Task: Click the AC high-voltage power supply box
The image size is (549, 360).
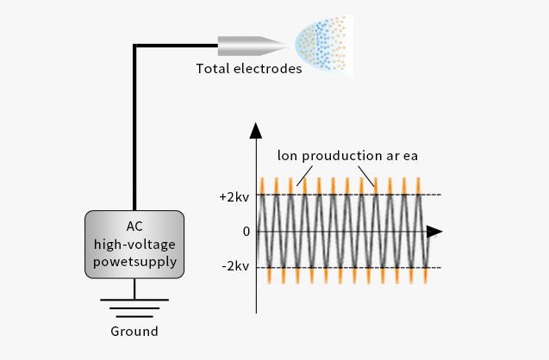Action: tap(134, 245)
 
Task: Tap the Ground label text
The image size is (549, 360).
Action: tap(134, 331)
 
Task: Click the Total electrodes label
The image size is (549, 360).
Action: tap(249, 69)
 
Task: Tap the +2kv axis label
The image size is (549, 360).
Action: tap(234, 196)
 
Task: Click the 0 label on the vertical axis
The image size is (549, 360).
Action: tap(246, 232)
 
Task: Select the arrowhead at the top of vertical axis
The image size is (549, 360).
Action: tap(256, 131)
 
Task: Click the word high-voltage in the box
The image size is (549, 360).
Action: tap(134, 245)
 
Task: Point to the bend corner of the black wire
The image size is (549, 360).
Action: tap(134, 45)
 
